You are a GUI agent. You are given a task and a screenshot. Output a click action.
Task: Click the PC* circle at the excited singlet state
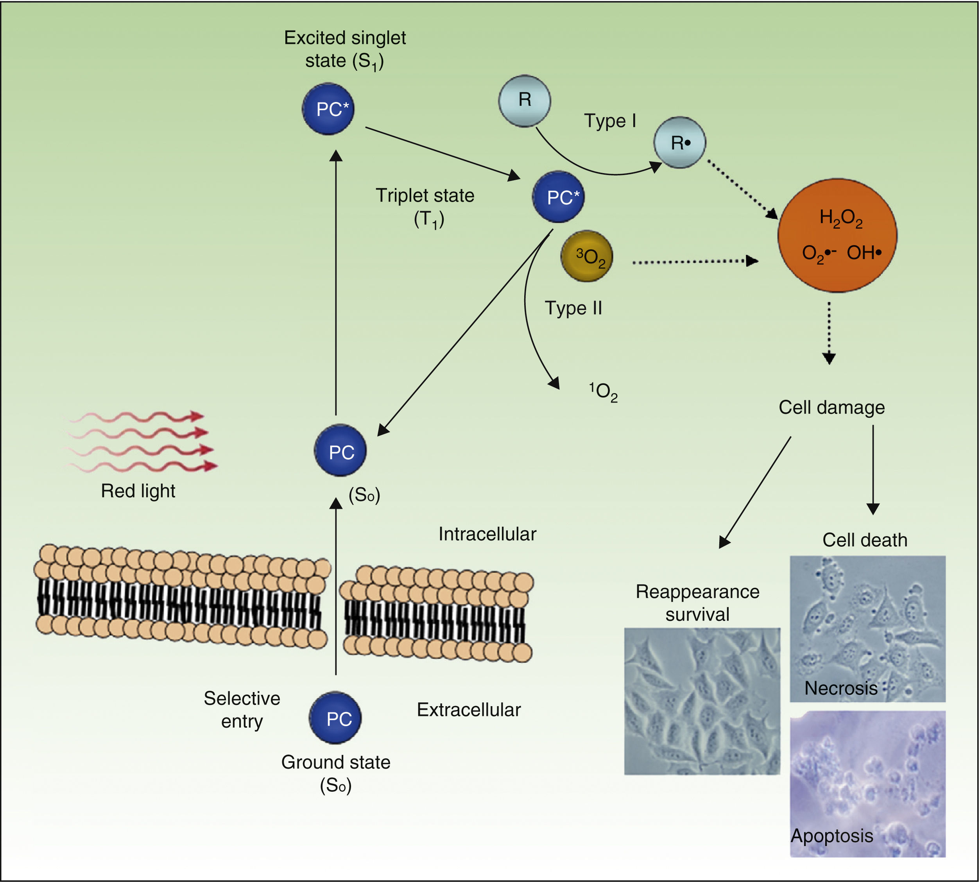[x=328, y=109]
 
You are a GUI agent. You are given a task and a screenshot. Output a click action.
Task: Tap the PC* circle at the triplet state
[x=558, y=197]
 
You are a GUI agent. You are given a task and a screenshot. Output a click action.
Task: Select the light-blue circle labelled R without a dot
[x=525, y=101]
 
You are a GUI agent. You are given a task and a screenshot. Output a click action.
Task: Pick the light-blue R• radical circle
[x=679, y=143]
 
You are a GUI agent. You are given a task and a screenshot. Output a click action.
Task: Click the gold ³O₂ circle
[x=586, y=256]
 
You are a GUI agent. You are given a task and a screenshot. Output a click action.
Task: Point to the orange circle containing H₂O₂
[x=837, y=236]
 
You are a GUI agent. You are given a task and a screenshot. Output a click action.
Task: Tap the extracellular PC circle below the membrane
[x=335, y=718]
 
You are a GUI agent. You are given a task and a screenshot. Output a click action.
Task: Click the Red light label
[x=138, y=491]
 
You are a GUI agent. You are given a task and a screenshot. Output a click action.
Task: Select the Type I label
[x=610, y=121]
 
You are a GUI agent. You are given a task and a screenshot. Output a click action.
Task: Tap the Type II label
[x=573, y=308]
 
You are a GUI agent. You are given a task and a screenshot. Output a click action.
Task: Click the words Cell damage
[x=831, y=408]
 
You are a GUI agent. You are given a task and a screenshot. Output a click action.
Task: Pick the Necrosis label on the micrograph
[x=841, y=688]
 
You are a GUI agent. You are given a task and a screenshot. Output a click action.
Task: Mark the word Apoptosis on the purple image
[x=832, y=835]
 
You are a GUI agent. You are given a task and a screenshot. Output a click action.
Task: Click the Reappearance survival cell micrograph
[x=702, y=701]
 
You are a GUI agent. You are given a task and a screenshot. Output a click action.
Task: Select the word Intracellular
[x=487, y=534]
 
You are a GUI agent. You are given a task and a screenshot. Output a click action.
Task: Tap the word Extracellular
[x=469, y=710]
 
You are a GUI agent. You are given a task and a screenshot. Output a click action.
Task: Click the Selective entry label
[x=242, y=710]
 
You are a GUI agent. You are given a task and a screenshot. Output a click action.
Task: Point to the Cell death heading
[x=865, y=540]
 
